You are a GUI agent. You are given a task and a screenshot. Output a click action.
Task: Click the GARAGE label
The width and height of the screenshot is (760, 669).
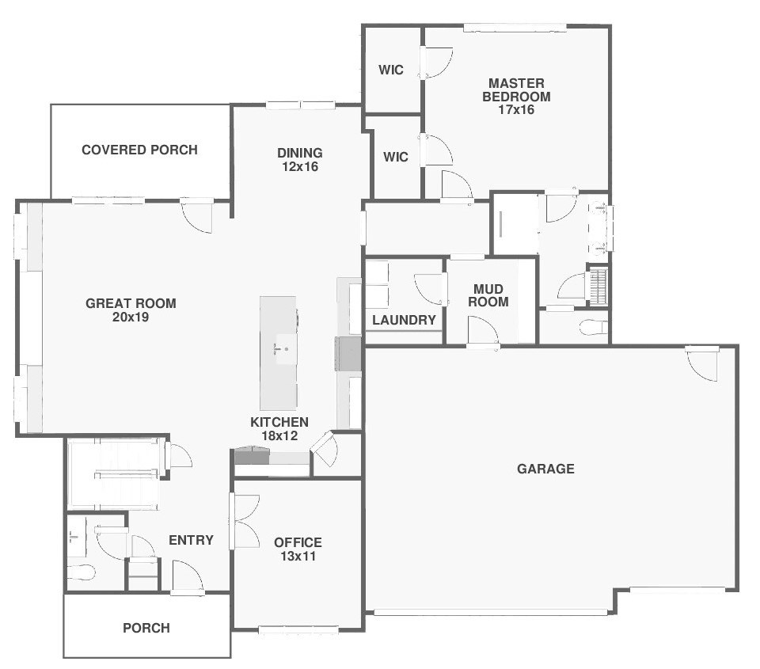click(x=545, y=469)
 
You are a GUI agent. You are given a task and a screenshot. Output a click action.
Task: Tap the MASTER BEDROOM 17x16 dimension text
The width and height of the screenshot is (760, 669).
click(x=516, y=110)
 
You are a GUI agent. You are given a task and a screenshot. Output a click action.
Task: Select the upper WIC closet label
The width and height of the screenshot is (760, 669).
click(x=390, y=70)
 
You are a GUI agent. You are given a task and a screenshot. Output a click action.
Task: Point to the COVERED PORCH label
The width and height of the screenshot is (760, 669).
click(x=139, y=150)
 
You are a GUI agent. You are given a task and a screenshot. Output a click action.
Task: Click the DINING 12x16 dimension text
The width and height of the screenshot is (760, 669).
click(x=300, y=167)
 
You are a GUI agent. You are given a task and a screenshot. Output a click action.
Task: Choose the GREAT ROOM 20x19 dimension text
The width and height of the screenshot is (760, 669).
click(x=131, y=317)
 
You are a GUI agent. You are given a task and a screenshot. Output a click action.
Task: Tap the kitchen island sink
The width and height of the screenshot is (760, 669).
click(x=281, y=348)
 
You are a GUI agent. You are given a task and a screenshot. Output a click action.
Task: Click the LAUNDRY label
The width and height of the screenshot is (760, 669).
click(x=405, y=320)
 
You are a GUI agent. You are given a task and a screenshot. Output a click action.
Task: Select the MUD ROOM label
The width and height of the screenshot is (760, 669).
click(x=488, y=295)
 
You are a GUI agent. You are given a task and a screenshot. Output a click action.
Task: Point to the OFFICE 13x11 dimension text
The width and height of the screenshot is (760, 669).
click(x=298, y=557)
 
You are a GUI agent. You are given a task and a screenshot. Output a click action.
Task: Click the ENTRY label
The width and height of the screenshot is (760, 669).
click(x=191, y=540)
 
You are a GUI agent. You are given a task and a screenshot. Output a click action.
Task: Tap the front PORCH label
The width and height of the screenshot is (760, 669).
click(x=146, y=629)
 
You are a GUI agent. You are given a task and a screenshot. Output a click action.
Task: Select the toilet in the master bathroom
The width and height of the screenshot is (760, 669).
click(x=593, y=327)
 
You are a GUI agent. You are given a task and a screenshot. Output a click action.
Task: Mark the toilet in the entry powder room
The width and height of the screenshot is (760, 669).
click(x=81, y=572)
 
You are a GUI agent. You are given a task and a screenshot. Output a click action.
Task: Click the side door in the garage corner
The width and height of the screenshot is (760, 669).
click(x=702, y=364)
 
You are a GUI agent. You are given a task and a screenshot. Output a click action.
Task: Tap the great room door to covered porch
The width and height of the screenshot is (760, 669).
click(x=197, y=215)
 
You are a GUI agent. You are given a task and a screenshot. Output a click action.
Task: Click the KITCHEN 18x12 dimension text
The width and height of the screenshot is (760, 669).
click(x=279, y=435)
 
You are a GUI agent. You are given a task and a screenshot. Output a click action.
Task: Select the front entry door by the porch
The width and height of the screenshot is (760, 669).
click(x=188, y=577)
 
